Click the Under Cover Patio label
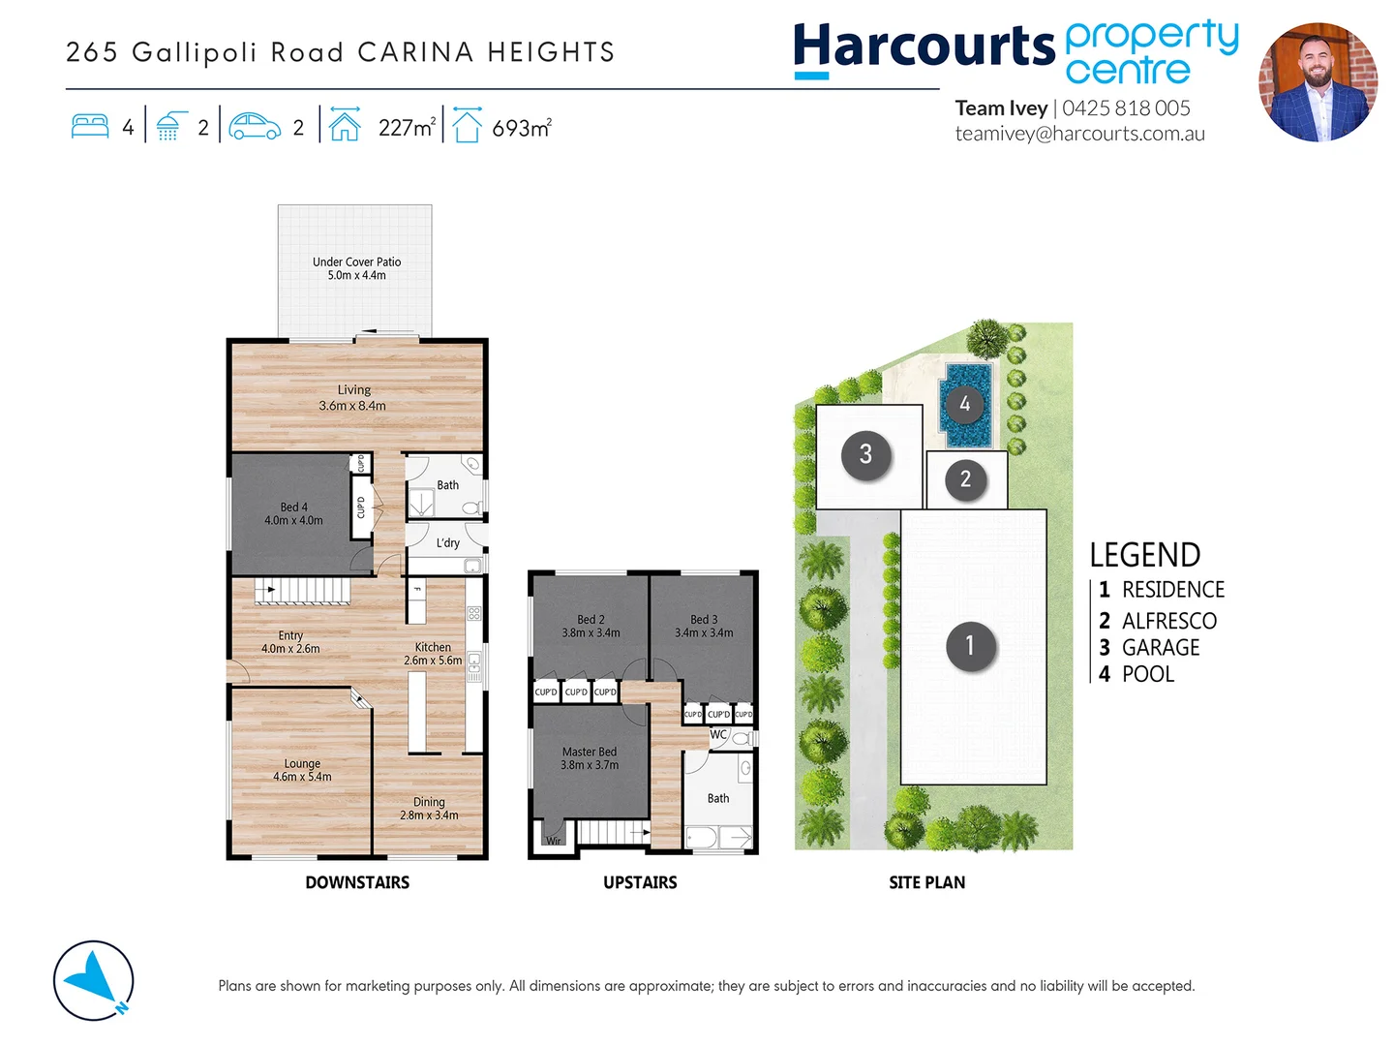point(356,261)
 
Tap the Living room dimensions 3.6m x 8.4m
point(352,406)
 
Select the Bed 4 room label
point(293,507)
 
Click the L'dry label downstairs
point(447,543)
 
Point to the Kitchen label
point(433,647)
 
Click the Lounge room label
point(302,763)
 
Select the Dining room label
point(429,802)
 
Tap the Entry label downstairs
point(290,635)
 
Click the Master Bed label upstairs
point(589,752)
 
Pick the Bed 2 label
point(591,619)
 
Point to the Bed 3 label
point(704,619)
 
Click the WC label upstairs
point(718,735)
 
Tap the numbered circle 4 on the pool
point(964,404)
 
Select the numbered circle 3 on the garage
point(865,453)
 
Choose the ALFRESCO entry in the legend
point(1168,621)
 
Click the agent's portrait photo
point(1318,82)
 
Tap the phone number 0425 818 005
point(1126,108)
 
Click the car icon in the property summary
point(256,127)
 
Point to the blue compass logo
point(94,980)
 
